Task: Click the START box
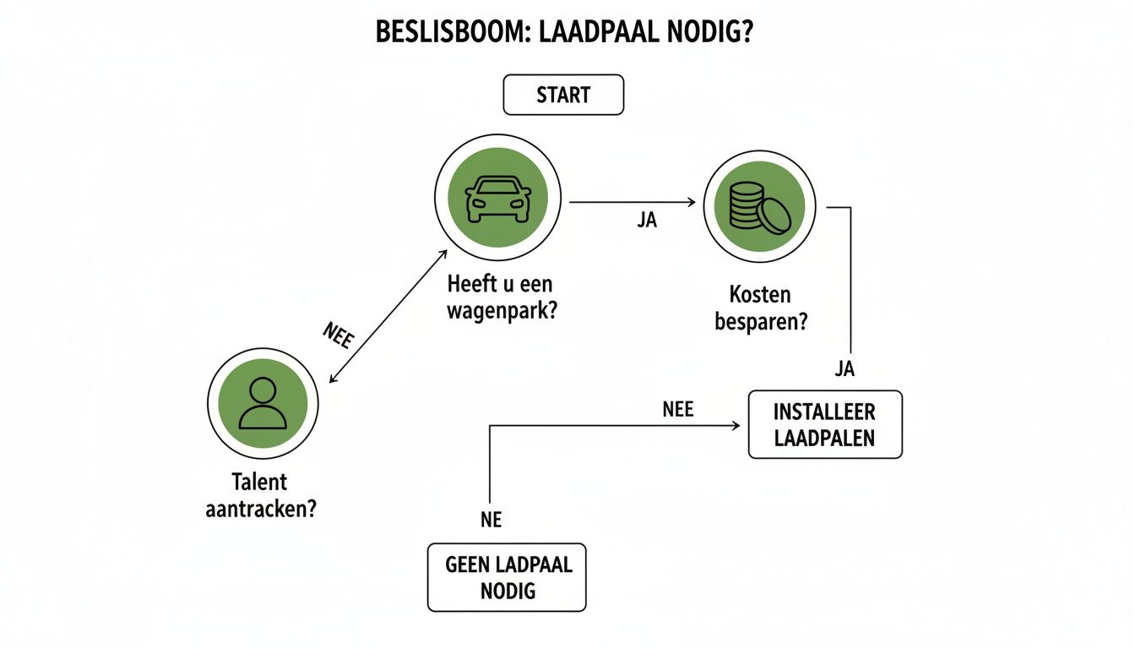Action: coord(563,95)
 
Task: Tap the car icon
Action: coord(498,198)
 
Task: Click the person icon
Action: coord(263,404)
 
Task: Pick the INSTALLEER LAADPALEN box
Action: coord(824,425)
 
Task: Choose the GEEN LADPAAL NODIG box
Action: coord(507,577)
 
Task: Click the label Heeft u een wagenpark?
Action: coord(505,297)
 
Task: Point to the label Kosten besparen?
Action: coord(760,308)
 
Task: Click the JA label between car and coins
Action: coord(647,221)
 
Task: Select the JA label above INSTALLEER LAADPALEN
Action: coord(844,368)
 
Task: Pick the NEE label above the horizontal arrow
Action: coord(677,410)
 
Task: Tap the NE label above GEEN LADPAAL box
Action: coord(491,521)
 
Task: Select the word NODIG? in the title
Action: coord(720,35)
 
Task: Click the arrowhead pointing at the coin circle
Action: coord(690,203)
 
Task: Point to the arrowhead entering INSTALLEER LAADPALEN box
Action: coord(736,426)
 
